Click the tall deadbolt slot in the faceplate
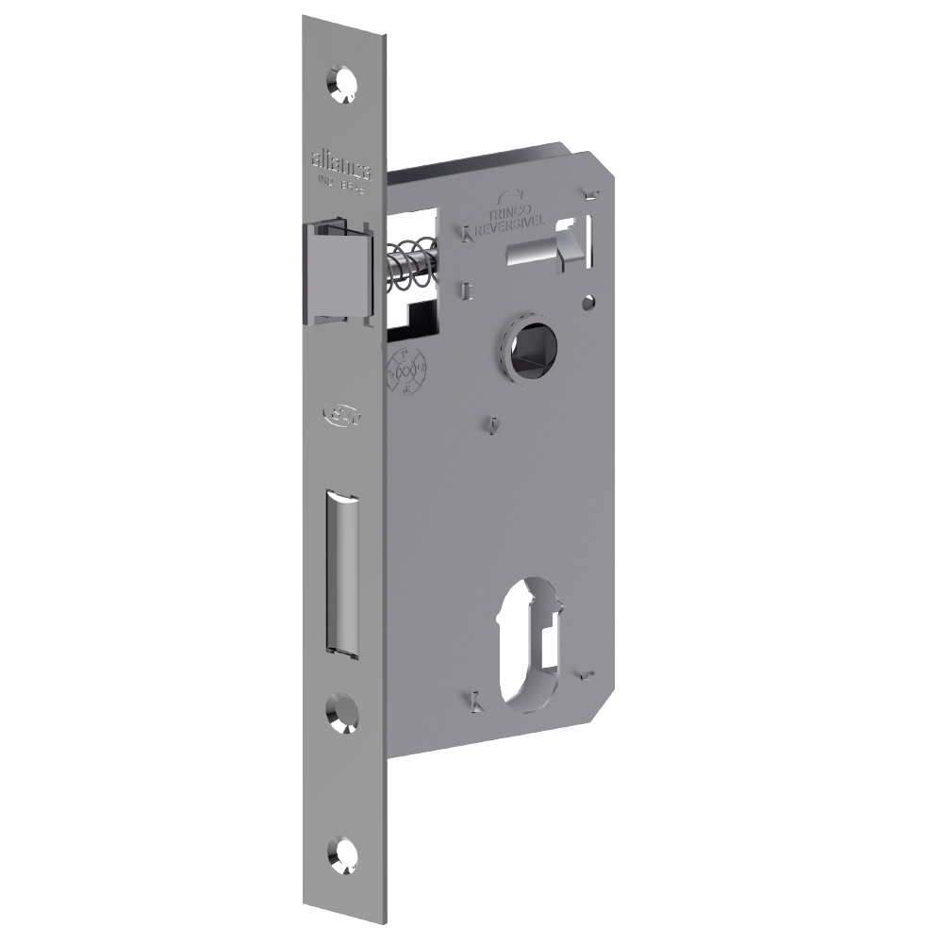[x=341, y=571]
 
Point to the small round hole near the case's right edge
[x=588, y=304]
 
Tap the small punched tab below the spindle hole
[x=493, y=424]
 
